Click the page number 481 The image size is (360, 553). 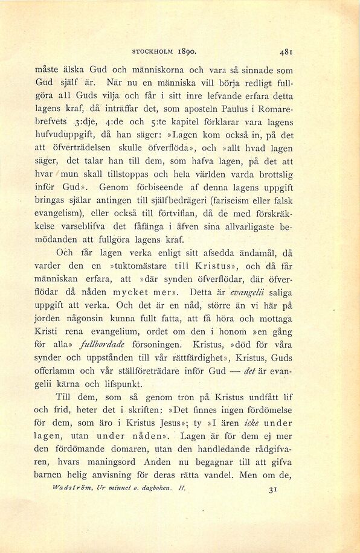point(287,51)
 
